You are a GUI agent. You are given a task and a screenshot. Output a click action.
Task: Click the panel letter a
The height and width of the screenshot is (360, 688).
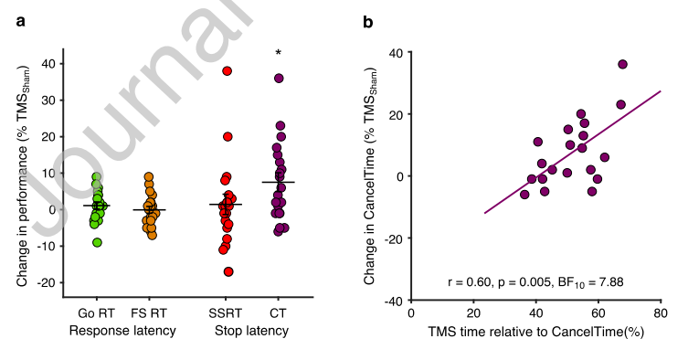(x=21, y=21)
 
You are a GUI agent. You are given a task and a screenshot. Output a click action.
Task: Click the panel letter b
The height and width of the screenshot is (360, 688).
(x=367, y=21)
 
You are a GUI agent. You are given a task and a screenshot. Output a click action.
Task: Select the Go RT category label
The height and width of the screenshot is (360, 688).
(x=96, y=313)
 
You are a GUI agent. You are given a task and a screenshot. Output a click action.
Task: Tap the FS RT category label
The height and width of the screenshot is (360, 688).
(x=149, y=313)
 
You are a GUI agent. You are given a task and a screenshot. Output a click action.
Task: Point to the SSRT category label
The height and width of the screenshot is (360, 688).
(x=225, y=313)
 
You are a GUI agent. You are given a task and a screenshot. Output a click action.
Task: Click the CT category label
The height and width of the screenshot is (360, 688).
(x=278, y=313)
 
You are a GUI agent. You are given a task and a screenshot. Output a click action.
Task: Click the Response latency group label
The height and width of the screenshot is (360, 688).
(x=122, y=331)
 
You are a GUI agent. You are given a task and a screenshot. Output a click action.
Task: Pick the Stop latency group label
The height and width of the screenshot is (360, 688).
(x=251, y=331)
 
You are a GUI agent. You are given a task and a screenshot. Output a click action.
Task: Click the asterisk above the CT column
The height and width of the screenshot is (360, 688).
(x=278, y=53)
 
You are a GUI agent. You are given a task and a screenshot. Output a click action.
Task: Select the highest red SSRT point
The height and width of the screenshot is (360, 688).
(x=227, y=70)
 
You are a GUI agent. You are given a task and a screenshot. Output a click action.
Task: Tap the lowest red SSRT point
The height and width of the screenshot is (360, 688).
(x=228, y=271)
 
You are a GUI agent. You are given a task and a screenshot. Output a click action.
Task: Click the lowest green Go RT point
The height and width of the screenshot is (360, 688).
(x=97, y=242)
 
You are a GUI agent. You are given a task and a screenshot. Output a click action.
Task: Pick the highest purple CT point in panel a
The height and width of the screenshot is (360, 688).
(x=279, y=79)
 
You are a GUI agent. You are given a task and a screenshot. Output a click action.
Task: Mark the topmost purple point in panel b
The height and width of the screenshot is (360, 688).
(x=622, y=64)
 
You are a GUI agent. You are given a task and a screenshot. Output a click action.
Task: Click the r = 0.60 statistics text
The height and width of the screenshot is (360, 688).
(x=535, y=281)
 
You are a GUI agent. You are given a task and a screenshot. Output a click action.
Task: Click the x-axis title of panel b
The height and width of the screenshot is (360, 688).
(x=535, y=331)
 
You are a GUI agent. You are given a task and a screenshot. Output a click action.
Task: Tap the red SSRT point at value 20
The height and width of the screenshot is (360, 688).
(x=228, y=136)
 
